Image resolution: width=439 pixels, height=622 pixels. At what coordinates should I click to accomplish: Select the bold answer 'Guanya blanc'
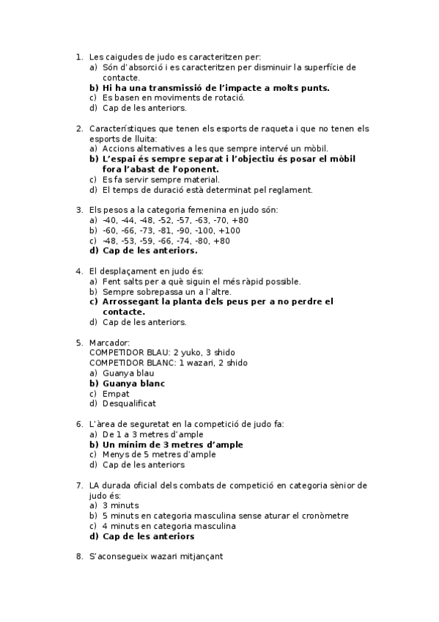click(133, 383)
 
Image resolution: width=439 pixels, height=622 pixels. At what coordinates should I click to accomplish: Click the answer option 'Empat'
click(116, 393)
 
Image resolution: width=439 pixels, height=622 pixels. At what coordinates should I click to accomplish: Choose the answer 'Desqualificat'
click(129, 403)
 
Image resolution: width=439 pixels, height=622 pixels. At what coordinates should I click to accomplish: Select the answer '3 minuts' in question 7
click(120, 505)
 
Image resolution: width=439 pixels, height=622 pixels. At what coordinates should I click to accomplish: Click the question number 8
click(79, 557)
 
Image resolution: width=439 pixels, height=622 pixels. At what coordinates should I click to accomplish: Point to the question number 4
click(79, 271)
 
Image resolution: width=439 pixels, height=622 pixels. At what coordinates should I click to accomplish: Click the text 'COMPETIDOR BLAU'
click(128, 352)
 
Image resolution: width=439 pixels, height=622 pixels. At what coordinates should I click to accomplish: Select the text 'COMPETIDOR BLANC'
click(130, 362)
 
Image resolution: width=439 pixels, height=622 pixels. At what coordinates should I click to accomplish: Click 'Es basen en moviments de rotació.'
click(173, 98)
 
